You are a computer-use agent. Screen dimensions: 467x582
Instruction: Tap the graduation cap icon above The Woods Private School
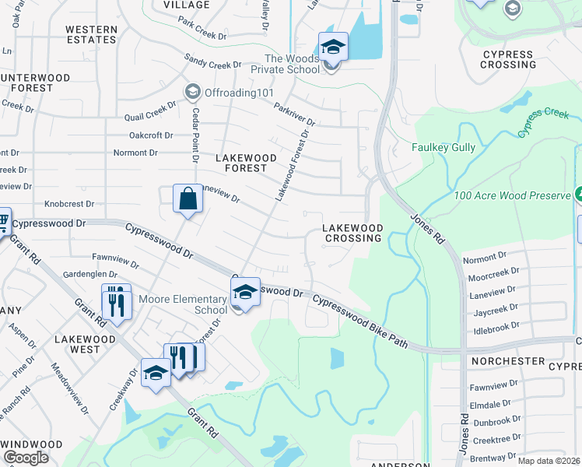pyautogui.click(x=333, y=47)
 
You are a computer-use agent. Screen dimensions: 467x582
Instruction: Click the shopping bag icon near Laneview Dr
pyautogui.click(x=188, y=198)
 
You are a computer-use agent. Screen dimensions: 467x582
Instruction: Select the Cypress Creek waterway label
pyautogui.click(x=542, y=122)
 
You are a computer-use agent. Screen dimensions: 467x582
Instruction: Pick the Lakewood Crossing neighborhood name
pyautogui.click(x=352, y=233)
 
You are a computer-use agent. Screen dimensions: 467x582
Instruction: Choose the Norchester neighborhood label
pyautogui.click(x=507, y=361)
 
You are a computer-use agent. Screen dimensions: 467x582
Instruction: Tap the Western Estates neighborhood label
pyautogui.click(x=91, y=35)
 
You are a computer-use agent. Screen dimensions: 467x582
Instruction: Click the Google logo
pyautogui.click(x=26, y=457)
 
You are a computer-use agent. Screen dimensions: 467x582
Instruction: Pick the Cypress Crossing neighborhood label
pyautogui.click(x=509, y=59)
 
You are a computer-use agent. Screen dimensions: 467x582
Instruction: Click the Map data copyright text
pyautogui.click(x=549, y=461)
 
